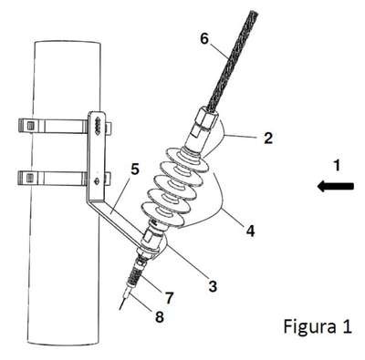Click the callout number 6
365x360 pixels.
pyautogui.click(x=205, y=39)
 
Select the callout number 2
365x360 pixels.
pyautogui.click(x=268, y=138)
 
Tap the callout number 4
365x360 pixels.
pyautogui.click(x=250, y=231)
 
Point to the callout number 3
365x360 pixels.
pyautogui.click(x=213, y=286)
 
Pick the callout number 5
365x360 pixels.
pyautogui.click(x=135, y=169)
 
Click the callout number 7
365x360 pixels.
pyautogui.click(x=169, y=298)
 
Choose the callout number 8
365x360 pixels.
pyautogui.click(x=160, y=317)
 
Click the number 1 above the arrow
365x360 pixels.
pyautogui.click(x=337, y=166)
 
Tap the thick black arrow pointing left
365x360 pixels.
pyautogui.click(x=335, y=186)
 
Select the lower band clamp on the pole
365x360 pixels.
pyautogui.click(x=65, y=178)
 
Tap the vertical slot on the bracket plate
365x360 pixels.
pyautogui.click(x=98, y=125)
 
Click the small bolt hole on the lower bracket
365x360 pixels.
pyautogui.click(x=97, y=181)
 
